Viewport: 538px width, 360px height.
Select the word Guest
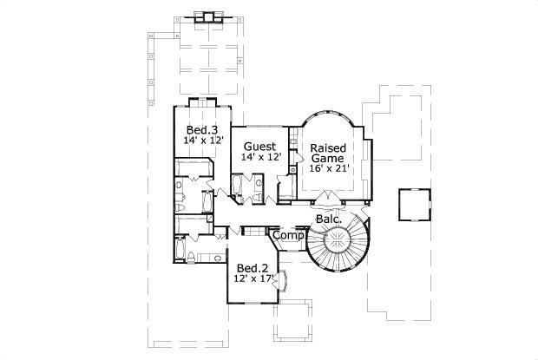[x=259, y=146]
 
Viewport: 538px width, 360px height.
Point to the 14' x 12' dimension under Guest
[x=261, y=157]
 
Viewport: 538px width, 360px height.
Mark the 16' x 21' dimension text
[x=330, y=168]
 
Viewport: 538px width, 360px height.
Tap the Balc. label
[x=327, y=219]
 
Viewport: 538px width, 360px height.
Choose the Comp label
[x=287, y=235]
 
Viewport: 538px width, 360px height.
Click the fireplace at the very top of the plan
[x=206, y=16]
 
